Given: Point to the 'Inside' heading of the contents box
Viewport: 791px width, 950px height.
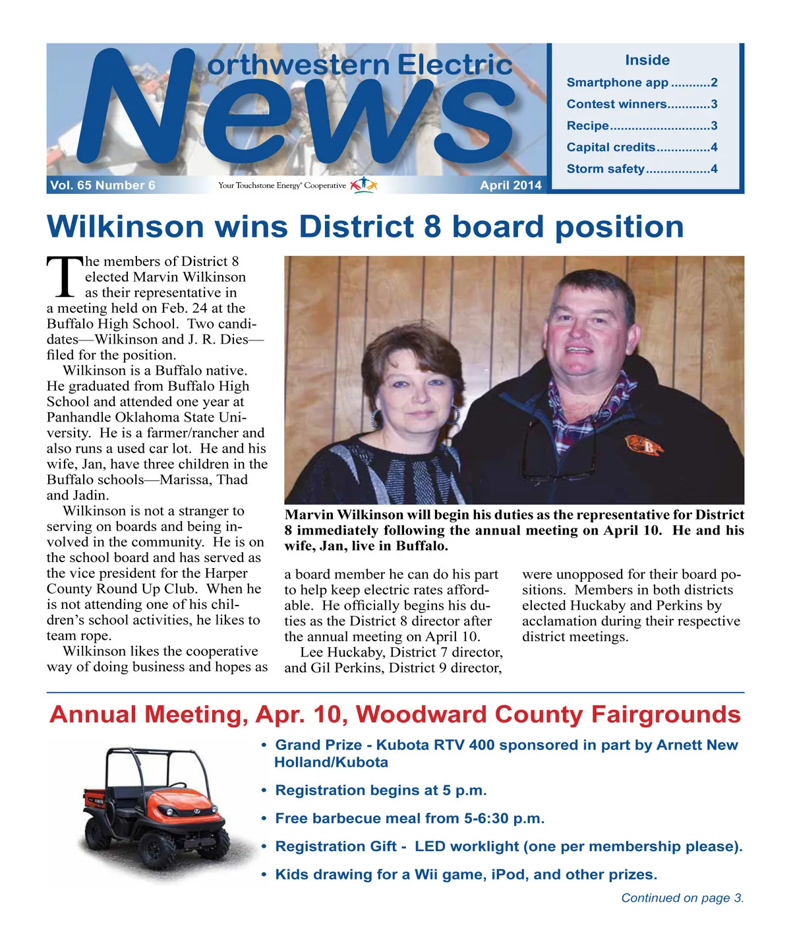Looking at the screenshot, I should pos(647,60).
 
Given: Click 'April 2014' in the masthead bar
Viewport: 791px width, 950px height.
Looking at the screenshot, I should pos(510,185).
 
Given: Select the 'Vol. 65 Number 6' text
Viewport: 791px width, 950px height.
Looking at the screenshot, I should pos(103,185).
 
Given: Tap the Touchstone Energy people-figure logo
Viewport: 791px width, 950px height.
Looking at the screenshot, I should pos(363,185).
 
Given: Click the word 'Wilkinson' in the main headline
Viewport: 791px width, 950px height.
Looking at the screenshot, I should pos(125,227).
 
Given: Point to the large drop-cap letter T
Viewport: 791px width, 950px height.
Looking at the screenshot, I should pos(65,277).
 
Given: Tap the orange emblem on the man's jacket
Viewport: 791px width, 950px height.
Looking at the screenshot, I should pos(644,445).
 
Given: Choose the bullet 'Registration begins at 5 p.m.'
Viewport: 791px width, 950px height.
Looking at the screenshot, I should pos(380,790).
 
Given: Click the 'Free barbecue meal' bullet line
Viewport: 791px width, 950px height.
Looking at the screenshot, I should pos(409,819).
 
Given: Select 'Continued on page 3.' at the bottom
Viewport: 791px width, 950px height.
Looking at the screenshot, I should pos(682,898).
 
